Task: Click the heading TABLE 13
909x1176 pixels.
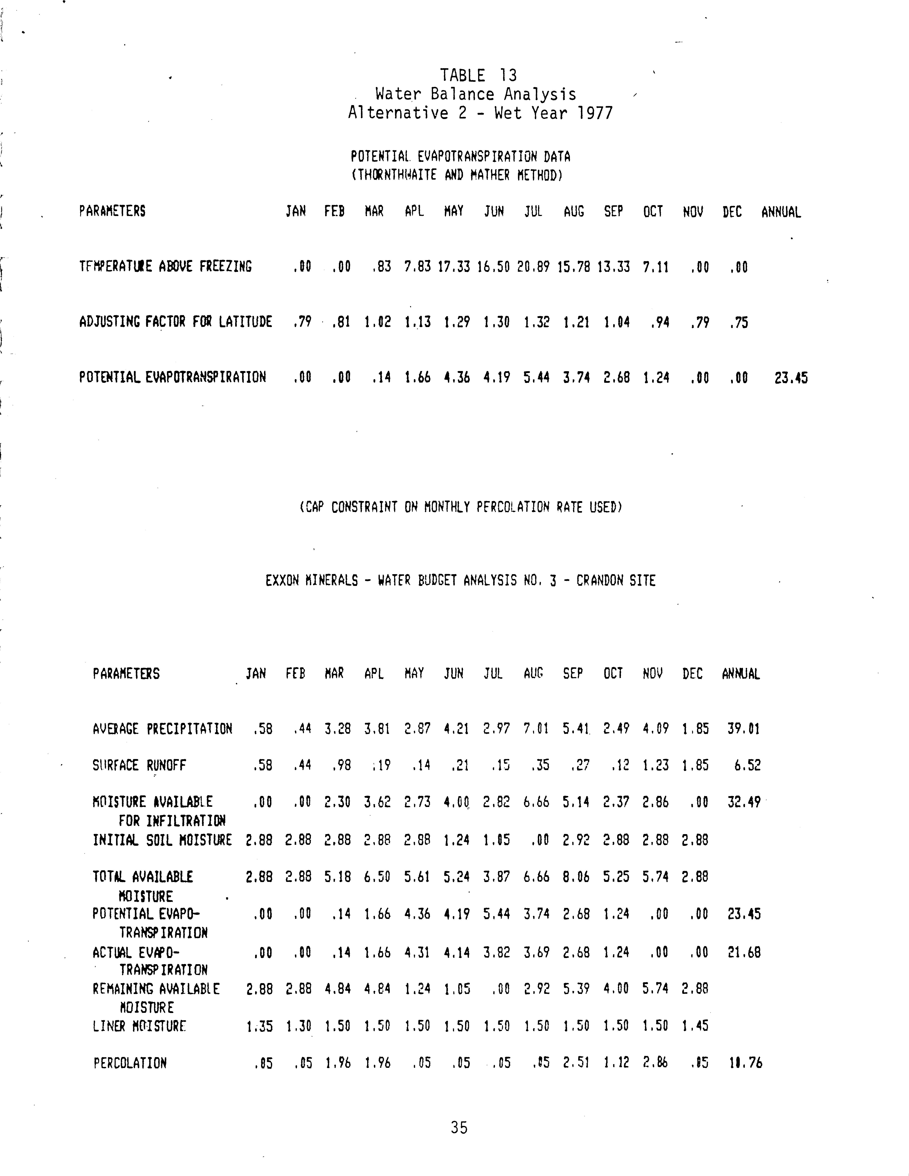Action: [478, 75]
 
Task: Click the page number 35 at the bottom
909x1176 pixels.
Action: [459, 1128]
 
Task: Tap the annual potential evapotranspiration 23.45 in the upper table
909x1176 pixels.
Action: [791, 378]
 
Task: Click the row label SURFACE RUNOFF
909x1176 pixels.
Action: [139, 765]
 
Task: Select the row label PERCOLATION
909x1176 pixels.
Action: [130, 1063]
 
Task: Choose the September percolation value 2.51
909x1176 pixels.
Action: [576, 1063]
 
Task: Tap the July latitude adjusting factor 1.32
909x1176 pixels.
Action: [537, 323]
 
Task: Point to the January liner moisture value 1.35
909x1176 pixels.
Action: [259, 1026]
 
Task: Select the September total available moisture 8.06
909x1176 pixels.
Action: [576, 877]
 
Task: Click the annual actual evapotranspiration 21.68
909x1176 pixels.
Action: [744, 953]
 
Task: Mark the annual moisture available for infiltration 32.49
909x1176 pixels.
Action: [744, 802]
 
